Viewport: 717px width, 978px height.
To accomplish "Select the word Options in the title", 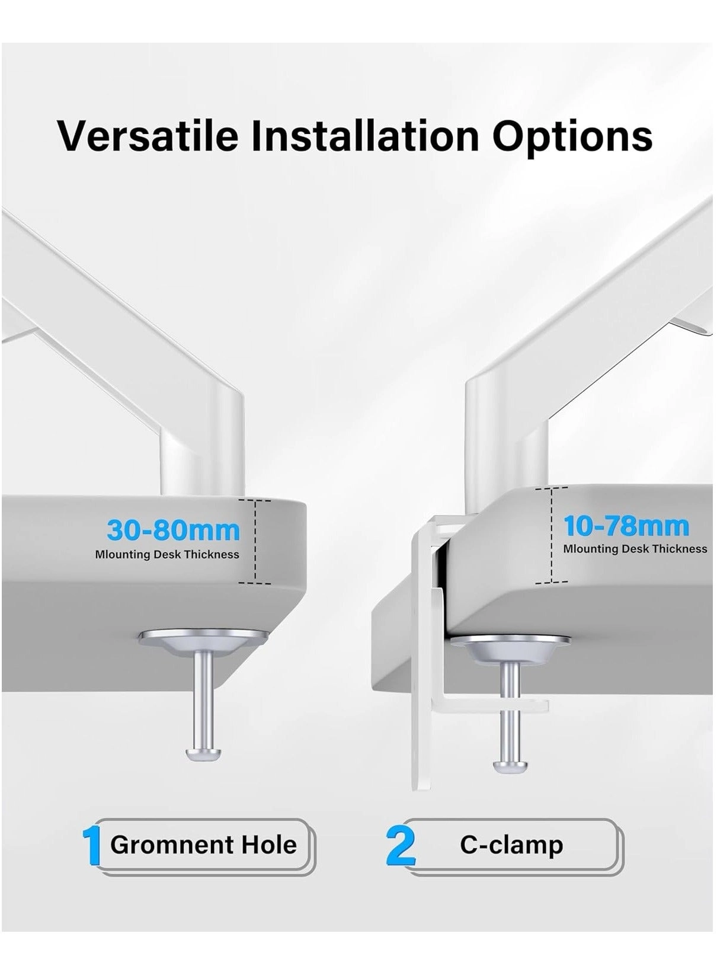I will click(572, 136).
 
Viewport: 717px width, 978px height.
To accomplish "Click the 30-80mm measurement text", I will click(173, 530).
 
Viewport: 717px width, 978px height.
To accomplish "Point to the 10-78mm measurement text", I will click(626, 526).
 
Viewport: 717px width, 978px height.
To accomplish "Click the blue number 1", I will click(91, 846).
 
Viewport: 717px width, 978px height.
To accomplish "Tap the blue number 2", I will click(401, 846).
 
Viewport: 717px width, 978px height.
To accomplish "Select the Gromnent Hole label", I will click(203, 845).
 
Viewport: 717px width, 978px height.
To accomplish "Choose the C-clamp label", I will click(511, 845).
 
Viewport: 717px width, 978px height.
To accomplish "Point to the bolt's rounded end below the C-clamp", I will click(510, 765).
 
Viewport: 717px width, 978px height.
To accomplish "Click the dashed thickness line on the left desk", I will click(255, 541).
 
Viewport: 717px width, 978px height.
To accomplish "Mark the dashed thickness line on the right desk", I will click(552, 535).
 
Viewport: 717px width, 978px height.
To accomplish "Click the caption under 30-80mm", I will click(167, 555).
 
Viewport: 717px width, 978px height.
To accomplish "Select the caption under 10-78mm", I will click(635, 549).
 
